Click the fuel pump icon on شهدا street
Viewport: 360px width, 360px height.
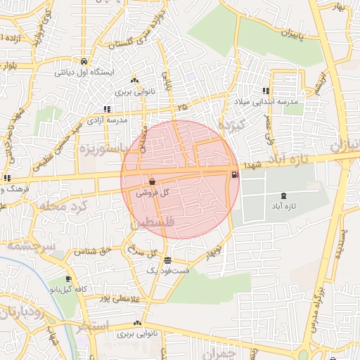click(x=234, y=174)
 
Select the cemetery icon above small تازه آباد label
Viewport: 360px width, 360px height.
click(x=283, y=195)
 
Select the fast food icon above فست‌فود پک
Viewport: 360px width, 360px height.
click(x=167, y=260)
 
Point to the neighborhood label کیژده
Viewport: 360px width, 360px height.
click(x=229, y=127)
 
